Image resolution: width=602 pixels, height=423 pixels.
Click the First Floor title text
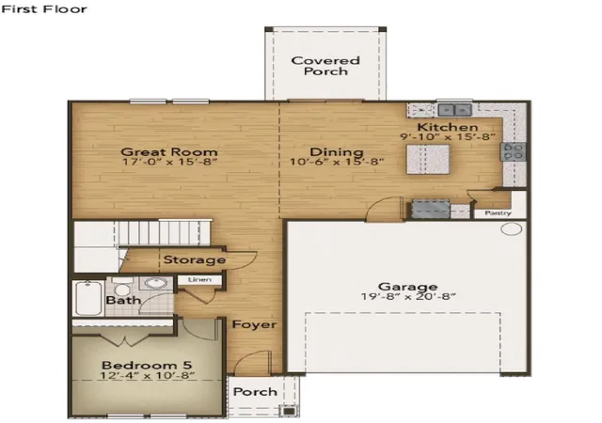(x=44, y=9)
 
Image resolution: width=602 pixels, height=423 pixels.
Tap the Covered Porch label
(x=325, y=66)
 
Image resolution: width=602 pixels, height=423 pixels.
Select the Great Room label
(x=169, y=152)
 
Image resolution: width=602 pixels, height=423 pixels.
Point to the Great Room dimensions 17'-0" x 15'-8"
(x=169, y=162)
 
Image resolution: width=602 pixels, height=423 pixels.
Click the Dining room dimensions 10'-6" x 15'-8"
(x=337, y=162)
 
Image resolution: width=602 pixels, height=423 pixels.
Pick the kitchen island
(x=428, y=159)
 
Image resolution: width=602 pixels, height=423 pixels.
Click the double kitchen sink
(x=454, y=110)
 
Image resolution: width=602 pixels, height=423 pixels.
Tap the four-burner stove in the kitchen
(x=513, y=151)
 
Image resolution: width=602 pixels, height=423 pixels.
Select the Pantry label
(x=498, y=212)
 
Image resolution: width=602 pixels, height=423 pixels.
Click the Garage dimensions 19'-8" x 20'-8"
(x=408, y=296)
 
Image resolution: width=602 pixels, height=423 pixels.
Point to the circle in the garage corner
(x=512, y=229)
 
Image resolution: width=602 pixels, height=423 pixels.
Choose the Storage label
(x=195, y=259)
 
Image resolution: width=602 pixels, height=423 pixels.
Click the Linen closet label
(x=199, y=280)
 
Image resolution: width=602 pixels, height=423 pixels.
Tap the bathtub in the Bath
(x=88, y=298)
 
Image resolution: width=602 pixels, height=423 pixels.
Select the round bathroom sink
(x=155, y=284)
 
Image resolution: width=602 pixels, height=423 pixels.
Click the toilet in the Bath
(x=123, y=286)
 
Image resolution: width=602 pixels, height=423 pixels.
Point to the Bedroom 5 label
(x=147, y=365)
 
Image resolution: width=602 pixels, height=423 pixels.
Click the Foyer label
(x=254, y=324)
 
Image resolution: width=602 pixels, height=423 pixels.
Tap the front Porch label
(x=255, y=392)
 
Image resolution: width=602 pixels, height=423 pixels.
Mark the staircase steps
(x=161, y=232)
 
